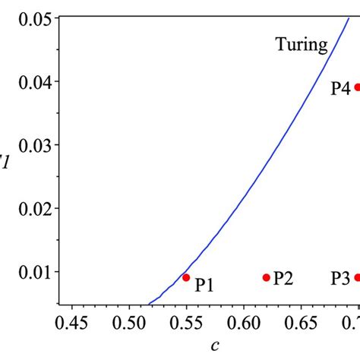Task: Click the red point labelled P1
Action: point(186,277)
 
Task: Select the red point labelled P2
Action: point(267,277)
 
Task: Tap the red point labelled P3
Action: point(357,277)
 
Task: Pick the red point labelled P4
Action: point(357,87)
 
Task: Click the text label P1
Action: point(204,286)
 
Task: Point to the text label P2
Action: point(283,278)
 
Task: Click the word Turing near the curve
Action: point(301,46)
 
